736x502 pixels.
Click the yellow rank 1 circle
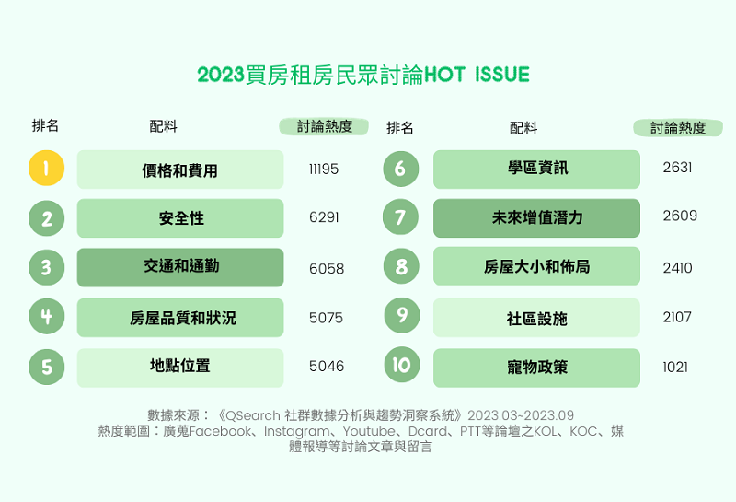pos(47,168)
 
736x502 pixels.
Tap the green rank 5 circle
pos(47,368)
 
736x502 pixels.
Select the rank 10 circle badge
pos(401,365)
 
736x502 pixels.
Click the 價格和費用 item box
pos(180,169)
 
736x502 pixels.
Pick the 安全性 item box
pos(180,218)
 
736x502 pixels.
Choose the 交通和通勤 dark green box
pos(180,267)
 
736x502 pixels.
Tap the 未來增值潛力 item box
pos(536,218)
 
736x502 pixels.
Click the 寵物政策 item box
pos(536,368)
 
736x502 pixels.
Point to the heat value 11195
pos(324,169)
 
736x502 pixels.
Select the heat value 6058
pos(327,269)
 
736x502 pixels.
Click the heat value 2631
pos(677,168)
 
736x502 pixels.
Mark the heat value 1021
pos(675,368)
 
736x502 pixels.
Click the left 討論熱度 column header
pos(324,126)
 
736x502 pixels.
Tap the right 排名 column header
pos(400,128)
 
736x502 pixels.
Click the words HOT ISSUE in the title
pos(477,75)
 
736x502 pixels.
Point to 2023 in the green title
pos(221,75)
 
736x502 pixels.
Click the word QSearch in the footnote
pos(252,416)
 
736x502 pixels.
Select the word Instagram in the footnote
pos(296,431)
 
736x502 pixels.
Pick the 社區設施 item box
pos(536,318)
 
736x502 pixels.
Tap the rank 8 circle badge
pos(401,266)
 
